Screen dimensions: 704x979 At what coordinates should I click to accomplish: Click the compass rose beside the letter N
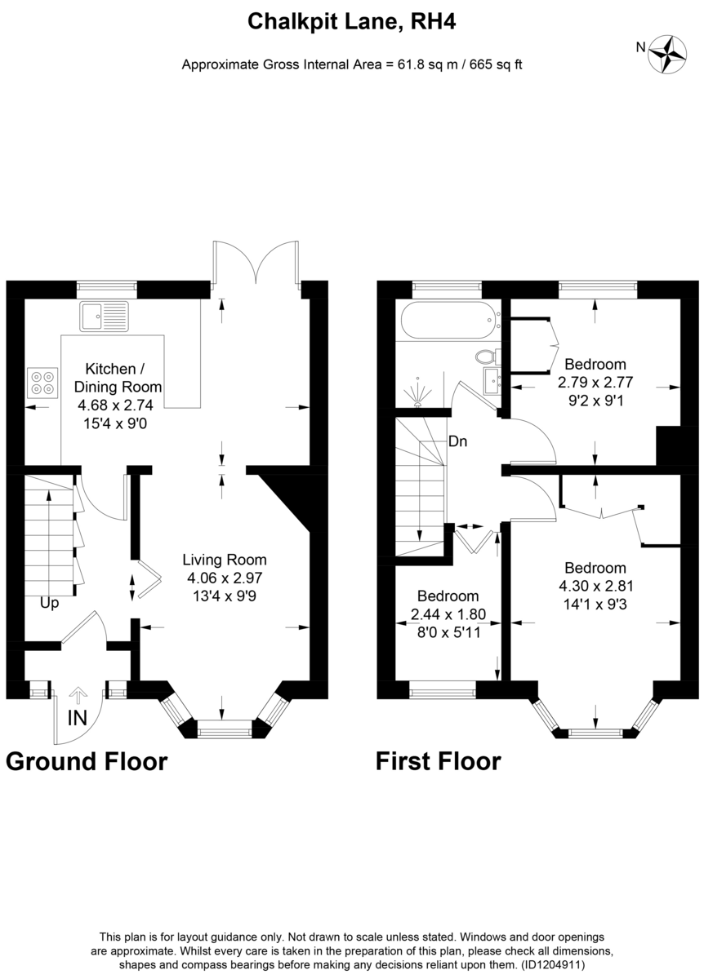[668, 54]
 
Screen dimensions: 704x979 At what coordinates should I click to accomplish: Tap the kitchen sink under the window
[104, 316]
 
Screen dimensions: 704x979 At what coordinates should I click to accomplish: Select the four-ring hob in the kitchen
[42, 383]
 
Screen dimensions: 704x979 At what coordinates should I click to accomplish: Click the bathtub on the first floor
[451, 320]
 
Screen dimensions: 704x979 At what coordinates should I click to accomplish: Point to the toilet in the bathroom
[488, 357]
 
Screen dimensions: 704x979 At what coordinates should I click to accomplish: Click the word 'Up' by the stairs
[49, 604]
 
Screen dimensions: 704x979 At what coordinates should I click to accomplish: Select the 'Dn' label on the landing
[457, 441]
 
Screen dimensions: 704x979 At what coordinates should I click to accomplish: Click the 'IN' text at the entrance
[77, 718]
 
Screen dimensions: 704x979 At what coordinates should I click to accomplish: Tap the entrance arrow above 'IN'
[78, 695]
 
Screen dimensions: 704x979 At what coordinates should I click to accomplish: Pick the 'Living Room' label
[225, 560]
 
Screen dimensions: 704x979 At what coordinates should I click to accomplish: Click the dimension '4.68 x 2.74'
[115, 405]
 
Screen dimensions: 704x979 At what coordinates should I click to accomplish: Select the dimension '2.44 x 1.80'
[448, 614]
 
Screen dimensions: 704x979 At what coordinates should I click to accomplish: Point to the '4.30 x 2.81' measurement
[596, 586]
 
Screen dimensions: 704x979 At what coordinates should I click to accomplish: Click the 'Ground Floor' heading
[87, 761]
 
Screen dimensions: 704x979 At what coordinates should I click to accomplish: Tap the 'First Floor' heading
[439, 761]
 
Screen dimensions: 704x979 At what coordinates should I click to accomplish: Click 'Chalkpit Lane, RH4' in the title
[352, 21]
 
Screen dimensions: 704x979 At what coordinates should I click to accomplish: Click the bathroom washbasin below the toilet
[492, 381]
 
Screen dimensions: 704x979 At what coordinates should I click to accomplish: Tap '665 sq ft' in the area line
[496, 64]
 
